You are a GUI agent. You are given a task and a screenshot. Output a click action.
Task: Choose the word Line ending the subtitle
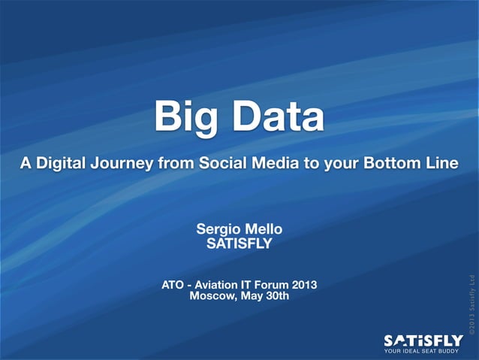point(438,163)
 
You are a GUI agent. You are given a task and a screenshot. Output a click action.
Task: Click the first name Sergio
point(218,228)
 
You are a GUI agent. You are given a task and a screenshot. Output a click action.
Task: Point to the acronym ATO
point(173,285)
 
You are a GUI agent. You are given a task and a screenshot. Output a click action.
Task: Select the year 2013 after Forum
point(304,285)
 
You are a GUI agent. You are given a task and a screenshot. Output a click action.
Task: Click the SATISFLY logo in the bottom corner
point(423,340)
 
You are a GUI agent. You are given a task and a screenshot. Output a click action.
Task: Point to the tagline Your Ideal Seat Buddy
point(423,352)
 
